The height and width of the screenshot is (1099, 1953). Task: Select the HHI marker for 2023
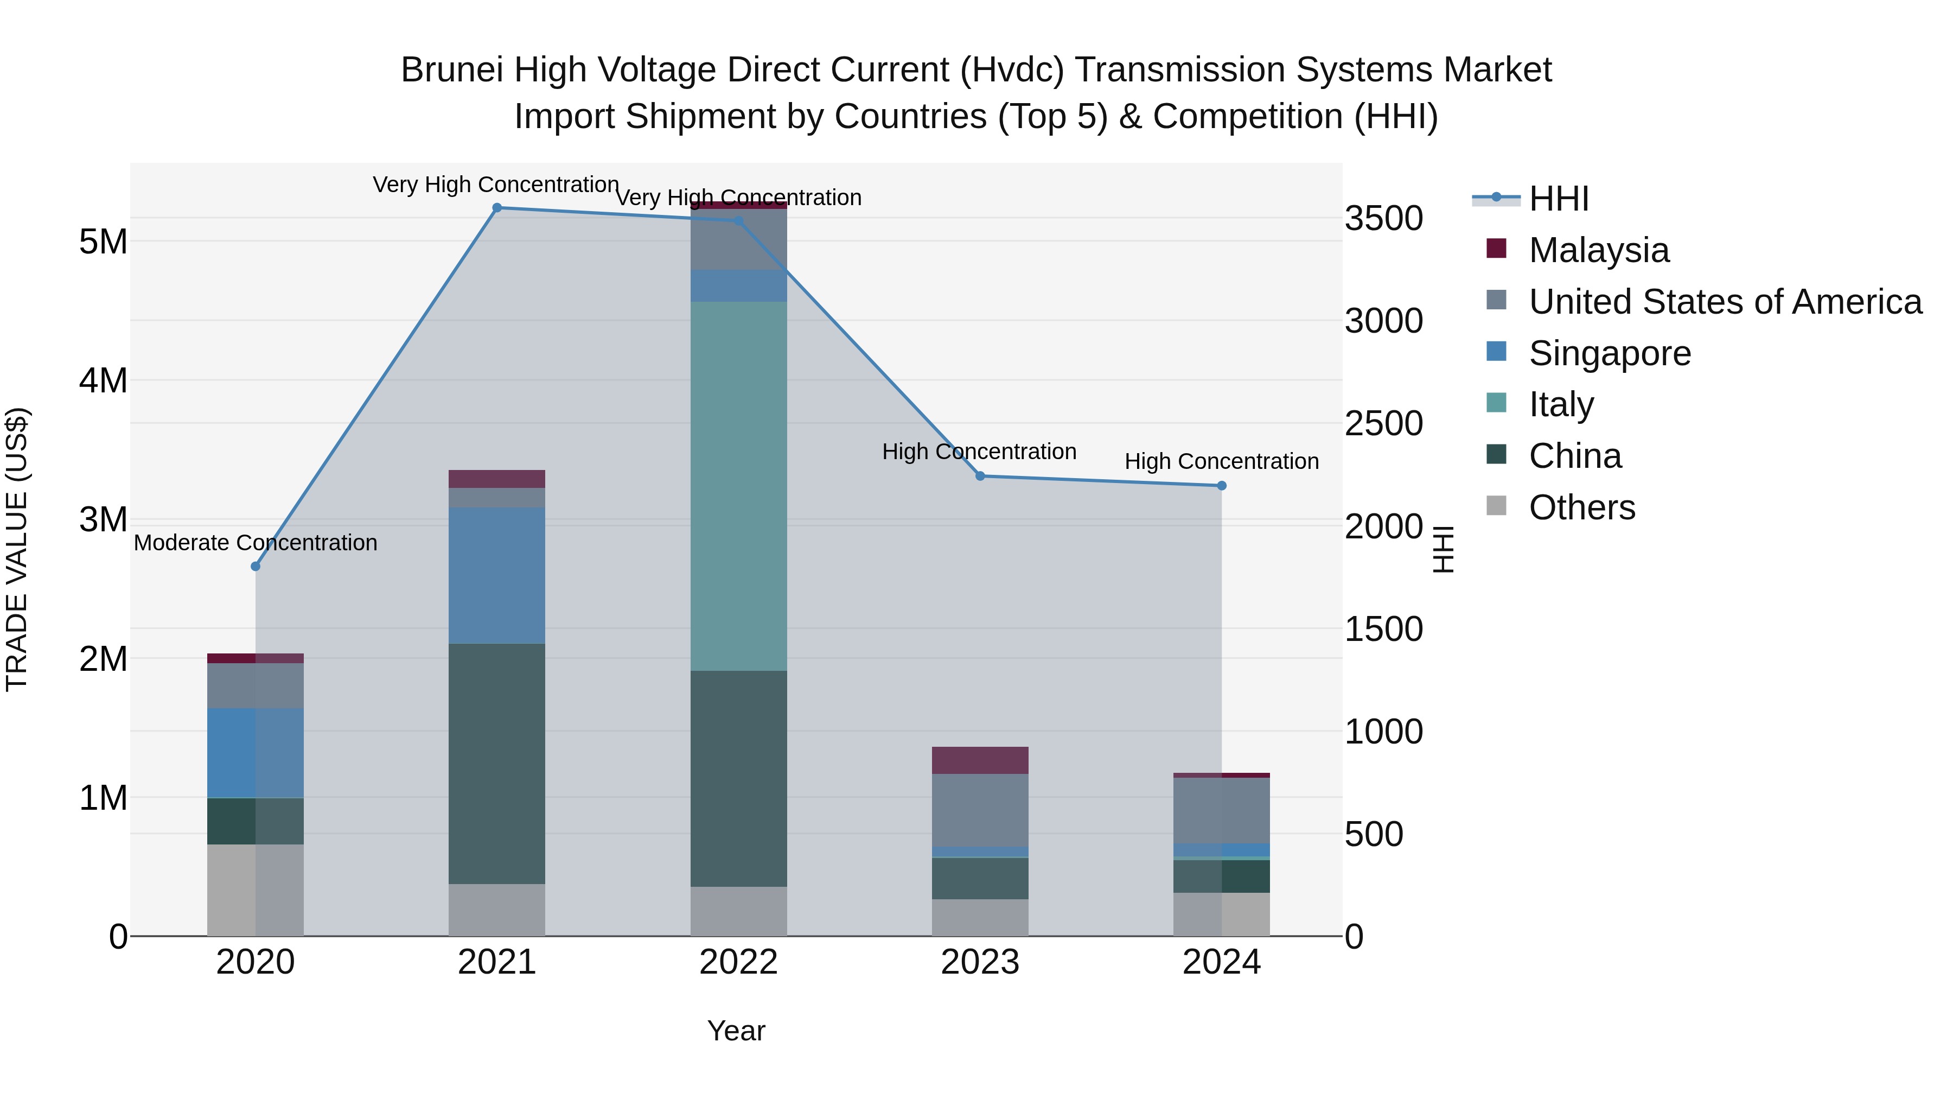(980, 477)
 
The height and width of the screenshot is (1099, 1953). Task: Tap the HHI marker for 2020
(256, 567)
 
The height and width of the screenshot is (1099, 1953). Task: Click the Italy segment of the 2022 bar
(738, 485)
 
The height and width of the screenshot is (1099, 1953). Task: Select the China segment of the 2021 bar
(496, 763)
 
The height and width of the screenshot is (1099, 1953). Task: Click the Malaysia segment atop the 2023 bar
(980, 760)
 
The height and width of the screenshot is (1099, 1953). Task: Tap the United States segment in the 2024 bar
(1221, 810)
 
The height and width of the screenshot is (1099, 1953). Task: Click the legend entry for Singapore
(1610, 353)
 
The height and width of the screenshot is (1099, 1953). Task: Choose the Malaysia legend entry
(1598, 250)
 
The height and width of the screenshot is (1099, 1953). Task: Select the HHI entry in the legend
(1558, 199)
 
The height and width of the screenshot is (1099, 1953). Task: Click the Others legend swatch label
(1581, 507)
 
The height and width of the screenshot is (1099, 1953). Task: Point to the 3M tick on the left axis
(103, 520)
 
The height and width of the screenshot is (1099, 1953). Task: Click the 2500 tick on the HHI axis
(1383, 423)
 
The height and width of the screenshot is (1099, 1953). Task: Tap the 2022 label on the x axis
(738, 962)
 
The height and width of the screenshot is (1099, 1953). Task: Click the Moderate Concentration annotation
(256, 543)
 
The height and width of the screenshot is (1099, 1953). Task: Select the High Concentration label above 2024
(1221, 461)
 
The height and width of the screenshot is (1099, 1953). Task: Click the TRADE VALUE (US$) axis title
(17, 549)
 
